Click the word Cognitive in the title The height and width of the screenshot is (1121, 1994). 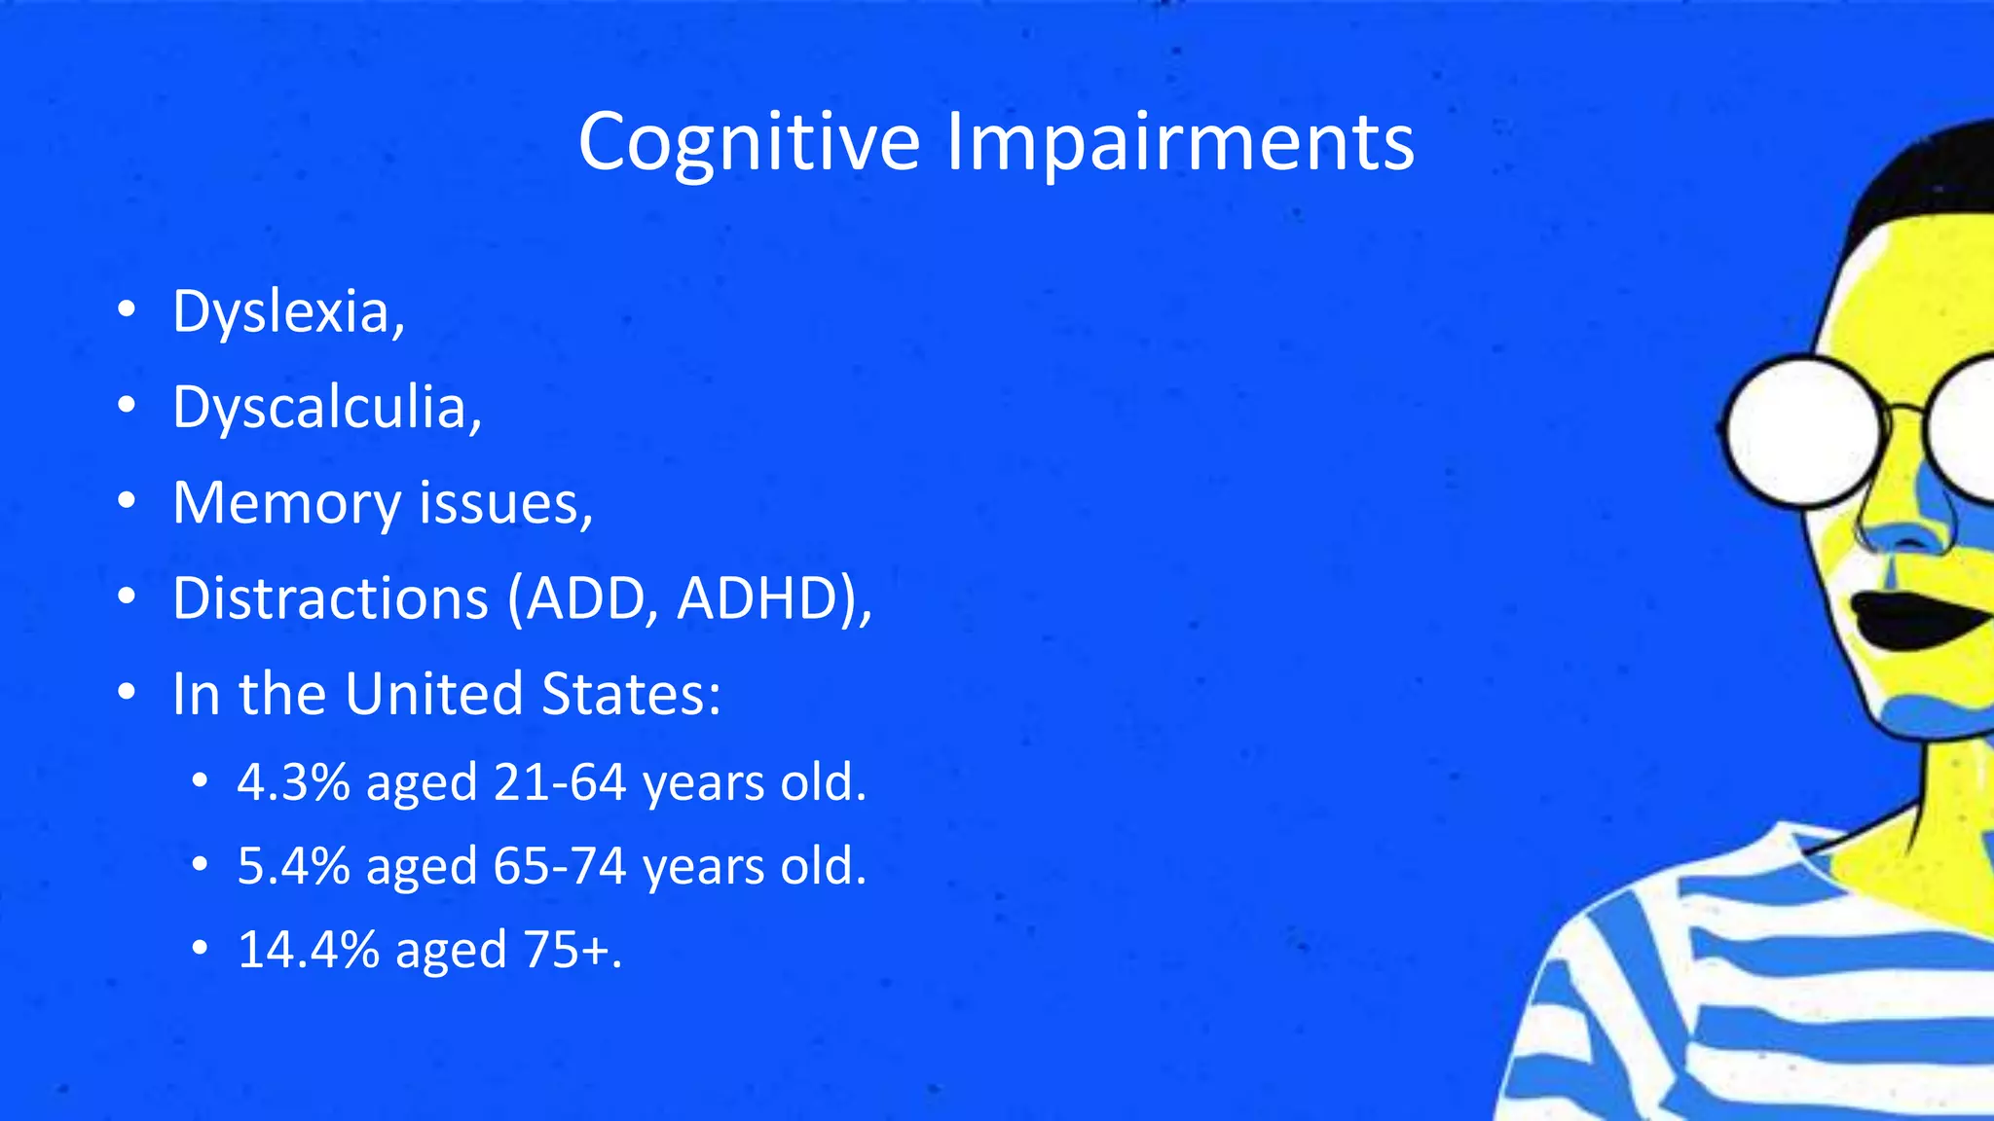tap(749, 142)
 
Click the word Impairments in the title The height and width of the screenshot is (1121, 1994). tap(1180, 142)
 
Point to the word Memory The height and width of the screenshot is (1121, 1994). tap(286, 503)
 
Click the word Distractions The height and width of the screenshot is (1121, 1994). tap(330, 597)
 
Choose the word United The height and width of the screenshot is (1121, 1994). tap(433, 693)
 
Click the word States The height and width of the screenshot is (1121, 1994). tap(629, 693)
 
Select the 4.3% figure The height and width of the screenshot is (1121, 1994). tap(293, 782)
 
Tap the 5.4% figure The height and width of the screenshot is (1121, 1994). tap(293, 866)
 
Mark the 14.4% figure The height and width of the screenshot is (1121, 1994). tap(308, 950)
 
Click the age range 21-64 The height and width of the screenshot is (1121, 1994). tap(560, 782)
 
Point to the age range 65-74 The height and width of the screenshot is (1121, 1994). tap(560, 866)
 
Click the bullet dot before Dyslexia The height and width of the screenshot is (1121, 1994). tap(126, 311)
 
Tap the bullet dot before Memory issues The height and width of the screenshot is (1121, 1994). tap(126, 502)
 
